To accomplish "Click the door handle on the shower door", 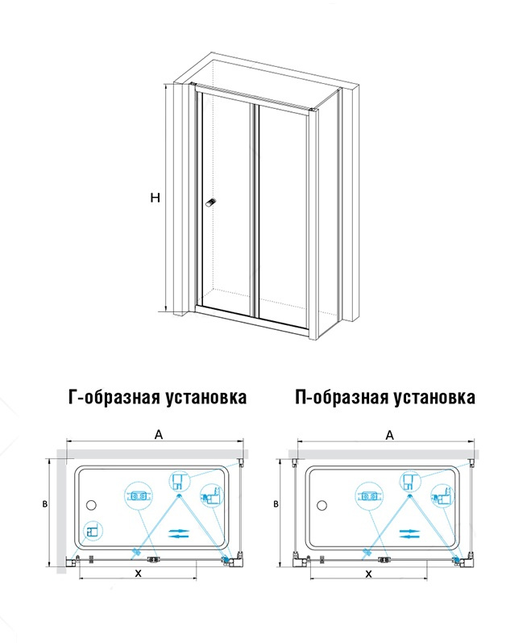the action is pyautogui.click(x=211, y=203).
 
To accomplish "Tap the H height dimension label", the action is pyautogui.click(x=156, y=198).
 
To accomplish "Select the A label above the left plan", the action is pyautogui.click(x=159, y=434).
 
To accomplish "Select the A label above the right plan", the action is pyautogui.click(x=390, y=434).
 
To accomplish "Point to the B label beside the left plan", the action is pyautogui.click(x=45, y=503).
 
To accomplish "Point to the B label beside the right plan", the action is pyautogui.click(x=276, y=503).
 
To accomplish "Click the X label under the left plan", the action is pyautogui.click(x=139, y=574).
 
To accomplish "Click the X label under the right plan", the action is pyautogui.click(x=369, y=574).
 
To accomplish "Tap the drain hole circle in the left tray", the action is pyautogui.click(x=91, y=504).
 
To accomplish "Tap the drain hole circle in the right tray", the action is pyautogui.click(x=322, y=504).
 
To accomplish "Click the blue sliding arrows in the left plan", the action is pyautogui.click(x=179, y=533).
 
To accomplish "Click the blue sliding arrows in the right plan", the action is pyautogui.click(x=409, y=533).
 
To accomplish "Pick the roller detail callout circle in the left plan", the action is pyautogui.click(x=139, y=497).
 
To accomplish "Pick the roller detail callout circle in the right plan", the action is pyautogui.click(x=369, y=497).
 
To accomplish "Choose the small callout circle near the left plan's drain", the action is pyautogui.click(x=93, y=532).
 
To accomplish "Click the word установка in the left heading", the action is pyautogui.click(x=206, y=398).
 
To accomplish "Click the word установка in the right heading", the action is pyautogui.click(x=434, y=398).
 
